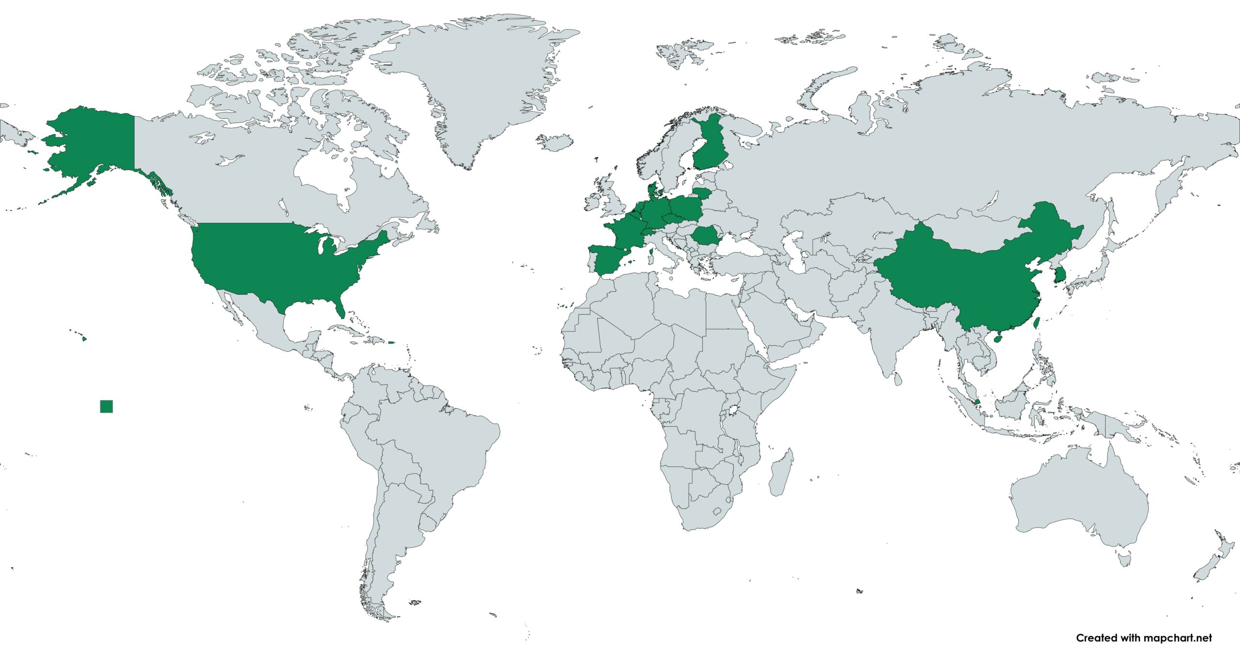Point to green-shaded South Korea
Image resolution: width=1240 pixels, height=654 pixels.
(x=1060, y=274)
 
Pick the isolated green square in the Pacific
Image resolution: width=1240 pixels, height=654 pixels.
(x=107, y=406)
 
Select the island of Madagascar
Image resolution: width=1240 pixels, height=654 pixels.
(x=781, y=473)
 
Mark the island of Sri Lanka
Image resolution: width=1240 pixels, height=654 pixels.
(x=898, y=379)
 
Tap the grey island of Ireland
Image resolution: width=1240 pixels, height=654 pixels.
(x=592, y=203)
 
